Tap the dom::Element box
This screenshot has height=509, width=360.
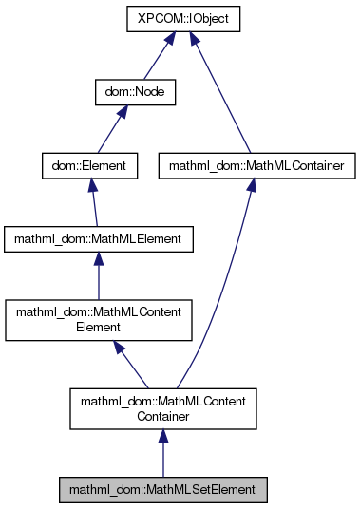91,166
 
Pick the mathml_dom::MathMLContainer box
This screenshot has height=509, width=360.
248,166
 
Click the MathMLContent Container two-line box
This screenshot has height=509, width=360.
162,408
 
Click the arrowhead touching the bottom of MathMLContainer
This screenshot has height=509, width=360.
250,189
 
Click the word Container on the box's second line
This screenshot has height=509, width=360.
162,416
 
